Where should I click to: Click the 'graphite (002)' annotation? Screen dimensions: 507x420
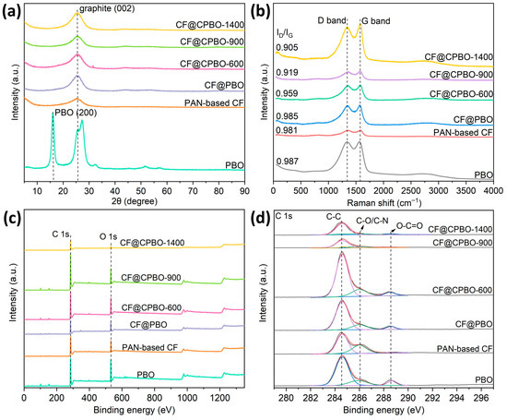click(x=107, y=8)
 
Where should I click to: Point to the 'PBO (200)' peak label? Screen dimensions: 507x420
click(x=76, y=113)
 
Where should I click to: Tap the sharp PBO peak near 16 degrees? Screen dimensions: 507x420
click(x=53, y=113)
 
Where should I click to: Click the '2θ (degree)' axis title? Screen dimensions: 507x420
click(x=135, y=201)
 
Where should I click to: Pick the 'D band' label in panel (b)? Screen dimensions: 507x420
click(x=332, y=20)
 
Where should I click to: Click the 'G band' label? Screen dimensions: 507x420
click(x=376, y=21)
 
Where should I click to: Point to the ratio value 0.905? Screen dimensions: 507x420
click(x=287, y=48)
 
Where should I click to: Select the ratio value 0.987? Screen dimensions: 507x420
click(x=287, y=162)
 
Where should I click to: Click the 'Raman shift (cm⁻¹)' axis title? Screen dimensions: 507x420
click(x=383, y=203)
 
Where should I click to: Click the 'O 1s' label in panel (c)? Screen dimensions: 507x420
click(x=108, y=236)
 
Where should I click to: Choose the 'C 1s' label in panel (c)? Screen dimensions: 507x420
click(x=61, y=234)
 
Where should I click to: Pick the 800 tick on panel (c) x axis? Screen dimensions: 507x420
click(x=154, y=397)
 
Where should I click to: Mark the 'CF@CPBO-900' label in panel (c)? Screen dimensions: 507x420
click(x=151, y=278)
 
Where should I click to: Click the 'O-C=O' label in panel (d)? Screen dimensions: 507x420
click(x=409, y=226)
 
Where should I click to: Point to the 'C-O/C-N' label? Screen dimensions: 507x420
click(x=372, y=222)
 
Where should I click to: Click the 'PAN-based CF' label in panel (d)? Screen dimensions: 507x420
click(x=465, y=349)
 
